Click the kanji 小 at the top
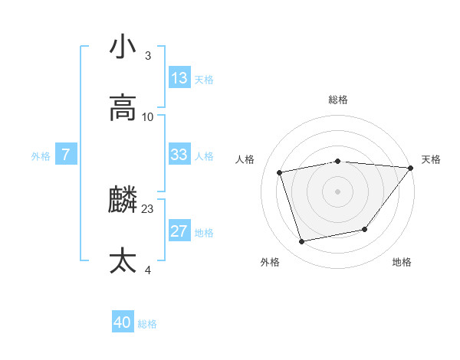click(x=123, y=47)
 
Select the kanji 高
click(x=123, y=108)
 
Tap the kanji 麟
click(x=123, y=201)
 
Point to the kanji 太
click(x=123, y=261)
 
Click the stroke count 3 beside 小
click(x=148, y=55)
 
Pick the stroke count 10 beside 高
click(x=148, y=116)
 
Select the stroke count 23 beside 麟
click(x=148, y=208)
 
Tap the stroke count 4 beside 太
click(x=148, y=270)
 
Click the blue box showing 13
click(x=179, y=78)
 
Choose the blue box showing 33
click(x=179, y=155)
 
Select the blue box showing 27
click(x=179, y=231)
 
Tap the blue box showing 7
click(x=66, y=155)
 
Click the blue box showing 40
click(x=123, y=323)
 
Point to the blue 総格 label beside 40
click(x=147, y=324)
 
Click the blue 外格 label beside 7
click(x=41, y=155)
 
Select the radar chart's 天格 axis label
click(x=432, y=159)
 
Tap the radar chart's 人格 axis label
click(x=245, y=159)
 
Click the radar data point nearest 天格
click(x=410, y=168)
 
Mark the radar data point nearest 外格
click(x=302, y=242)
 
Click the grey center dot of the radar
click(x=337, y=191)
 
